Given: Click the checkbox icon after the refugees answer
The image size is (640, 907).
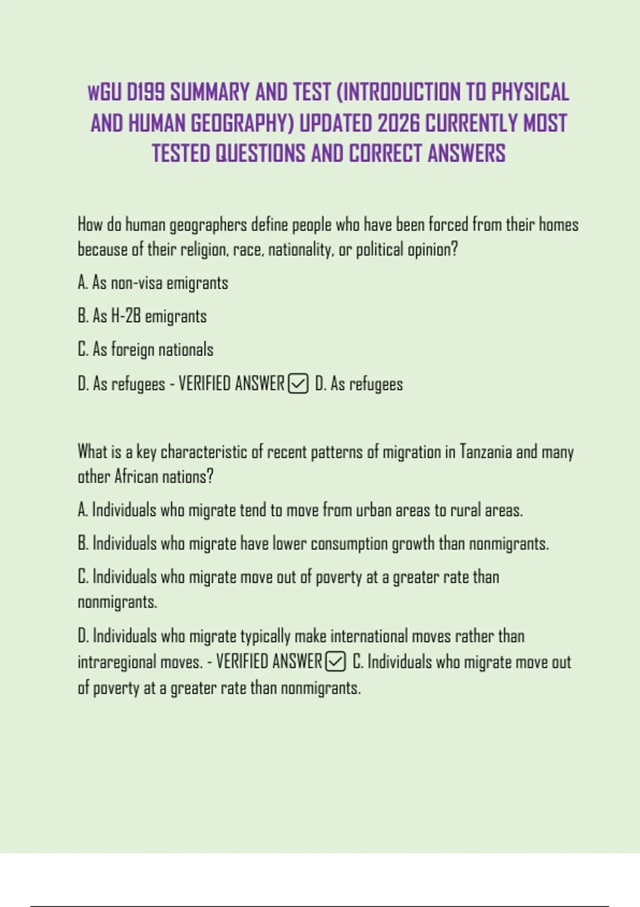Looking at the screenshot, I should (298, 384).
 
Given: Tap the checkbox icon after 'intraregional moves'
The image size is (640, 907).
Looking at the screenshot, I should (335, 662).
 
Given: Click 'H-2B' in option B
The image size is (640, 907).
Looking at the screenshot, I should (125, 316).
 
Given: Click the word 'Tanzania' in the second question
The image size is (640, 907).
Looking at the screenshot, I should (485, 452).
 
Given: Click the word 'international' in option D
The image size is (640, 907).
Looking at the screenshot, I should (370, 637).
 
